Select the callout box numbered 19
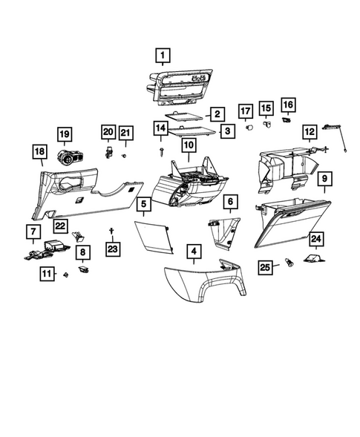point(65,134)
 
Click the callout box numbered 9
point(324,179)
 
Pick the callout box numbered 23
point(111,249)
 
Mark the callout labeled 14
point(161,128)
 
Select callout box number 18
point(39,152)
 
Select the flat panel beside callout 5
point(154,236)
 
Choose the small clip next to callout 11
point(66,275)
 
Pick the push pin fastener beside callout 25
point(288,263)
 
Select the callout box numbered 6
point(230,201)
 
